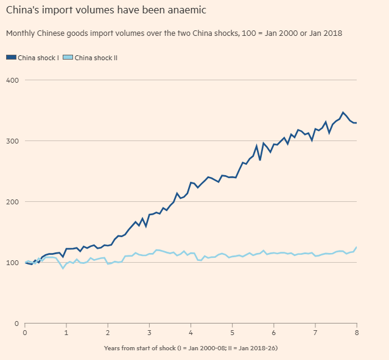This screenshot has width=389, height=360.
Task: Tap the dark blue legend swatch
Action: pyautogui.click(x=11, y=57)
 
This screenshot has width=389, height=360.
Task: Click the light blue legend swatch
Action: pyautogui.click(x=68, y=57)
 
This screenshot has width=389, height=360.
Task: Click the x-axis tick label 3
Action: pyautogui.click(x=149, y=333)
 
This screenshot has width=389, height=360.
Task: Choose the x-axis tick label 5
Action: pyautogui.click(x=232, y=333)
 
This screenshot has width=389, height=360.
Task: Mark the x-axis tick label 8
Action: pyautogui.click(x=356, y=333)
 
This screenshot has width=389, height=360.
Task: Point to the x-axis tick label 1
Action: pyautogui.click(x=66, y=333)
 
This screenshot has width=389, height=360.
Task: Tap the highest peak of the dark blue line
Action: pyautogui.click(x=343, y=112)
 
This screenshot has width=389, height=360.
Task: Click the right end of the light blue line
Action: pyautogui.click(x=356, y=247)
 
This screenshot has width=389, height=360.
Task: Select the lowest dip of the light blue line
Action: pyautogui.click(x=62, y=268)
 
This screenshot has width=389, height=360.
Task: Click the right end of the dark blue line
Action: pyautogui.click(x=356, y=123)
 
